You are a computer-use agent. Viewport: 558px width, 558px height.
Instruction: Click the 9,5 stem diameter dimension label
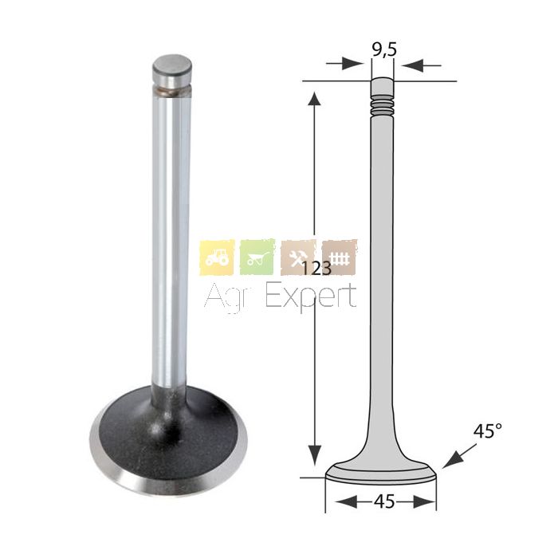pyautogui.click(x=384, y=50)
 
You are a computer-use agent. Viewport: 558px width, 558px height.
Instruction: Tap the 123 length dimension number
pyautogui.click(x=316, y=268)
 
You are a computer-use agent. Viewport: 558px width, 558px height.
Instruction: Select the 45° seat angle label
pyautogui.click(x=488, y=431)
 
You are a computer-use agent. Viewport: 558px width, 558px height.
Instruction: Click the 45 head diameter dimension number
pyautogui.click(x=384, y=501)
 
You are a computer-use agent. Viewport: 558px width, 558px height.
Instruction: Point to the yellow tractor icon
pyautogui.click(x=217, y=257)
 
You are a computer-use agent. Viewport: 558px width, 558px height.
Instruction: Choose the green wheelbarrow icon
pyautogui.click(x=257, y=257)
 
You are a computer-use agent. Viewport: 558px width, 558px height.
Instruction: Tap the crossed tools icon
pyautogui.click(x=298, y=257)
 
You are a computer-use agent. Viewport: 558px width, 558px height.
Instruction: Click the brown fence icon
pyautogui.click(x=339, y=257)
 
